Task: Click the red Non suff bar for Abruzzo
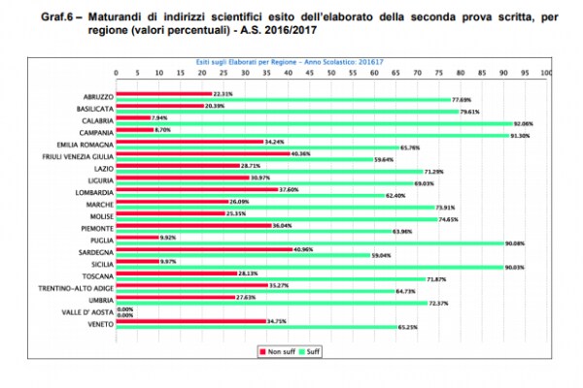tap(164, 94)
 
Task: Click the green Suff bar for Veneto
tap(256, 326)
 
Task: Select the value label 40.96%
tap(305, 249)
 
